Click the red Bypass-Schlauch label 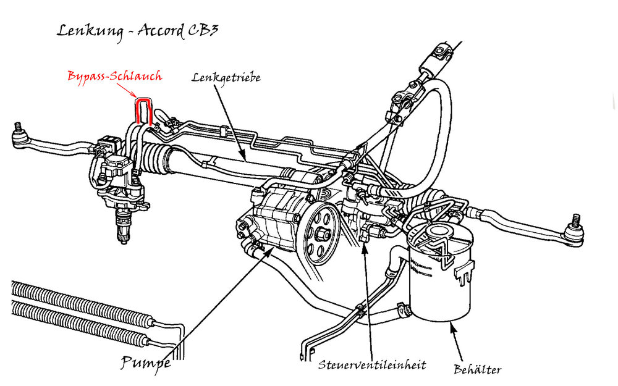coord(114,77)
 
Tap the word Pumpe coord(145,363)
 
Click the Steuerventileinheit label coord(372,365)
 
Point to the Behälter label coord(476,370)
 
